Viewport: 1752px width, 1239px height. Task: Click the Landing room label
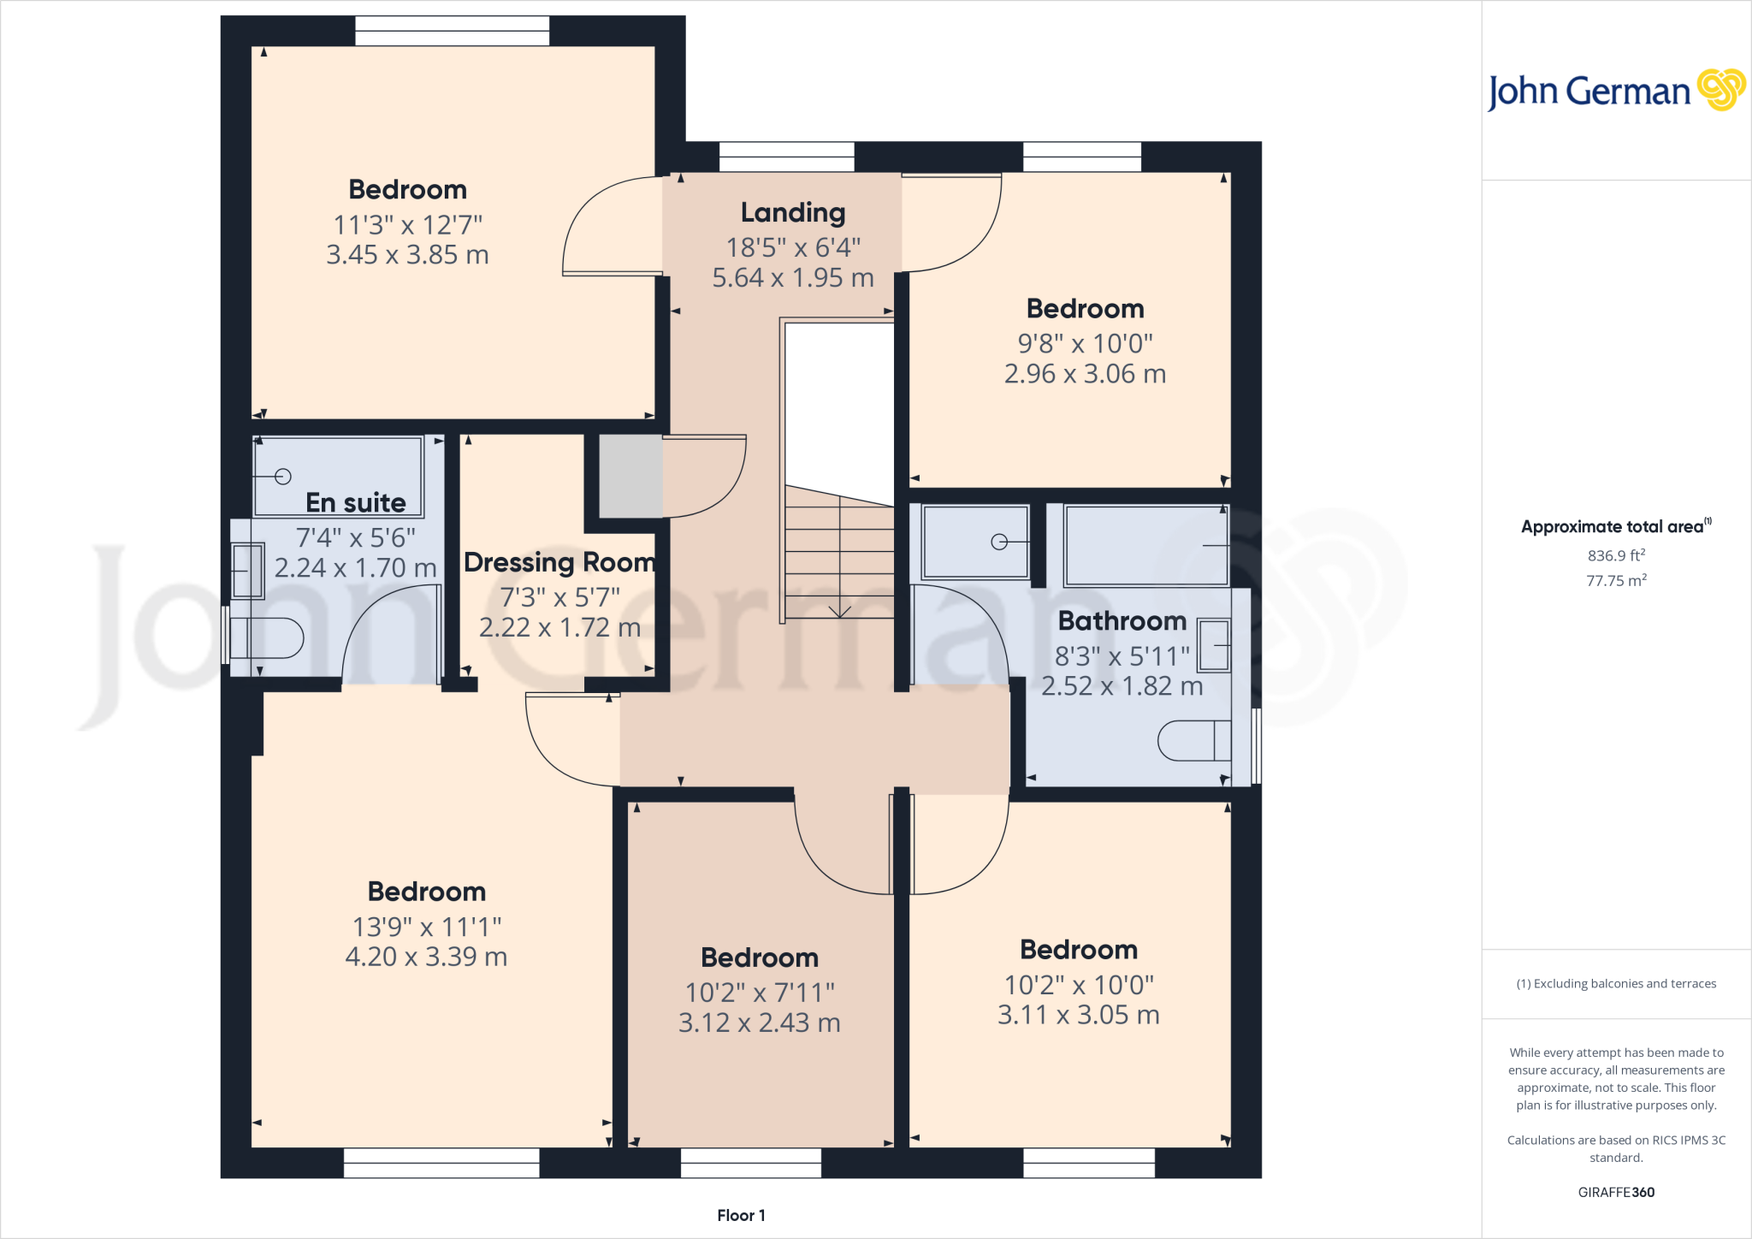[793, 212]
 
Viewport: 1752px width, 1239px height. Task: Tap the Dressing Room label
[559, 562]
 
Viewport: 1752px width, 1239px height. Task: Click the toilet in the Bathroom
[1194, 741]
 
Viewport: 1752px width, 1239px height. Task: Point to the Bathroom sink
[1213, 645]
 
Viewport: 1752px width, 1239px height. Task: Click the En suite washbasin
[247, 571]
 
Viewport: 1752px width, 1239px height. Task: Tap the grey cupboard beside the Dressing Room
[630, 477]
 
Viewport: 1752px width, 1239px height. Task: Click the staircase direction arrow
[840, 609]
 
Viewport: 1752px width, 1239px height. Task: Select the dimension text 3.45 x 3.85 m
[407, 255]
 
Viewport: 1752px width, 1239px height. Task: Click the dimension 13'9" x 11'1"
[427, 927]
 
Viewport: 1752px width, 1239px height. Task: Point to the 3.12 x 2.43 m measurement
[759, 1023]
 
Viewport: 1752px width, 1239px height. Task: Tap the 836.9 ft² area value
[1616, 555]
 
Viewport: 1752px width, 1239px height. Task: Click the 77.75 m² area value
[1616, 580]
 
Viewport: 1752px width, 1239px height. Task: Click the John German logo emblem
[1720, 90]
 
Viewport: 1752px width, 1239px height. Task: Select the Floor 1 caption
[741, 1215]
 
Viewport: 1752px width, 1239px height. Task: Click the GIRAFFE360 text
[1616, 1192]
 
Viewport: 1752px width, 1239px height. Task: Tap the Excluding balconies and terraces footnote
[1616, 983]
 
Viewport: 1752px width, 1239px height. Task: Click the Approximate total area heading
[1614, 526]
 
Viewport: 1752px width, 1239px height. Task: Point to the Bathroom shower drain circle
[998, 542]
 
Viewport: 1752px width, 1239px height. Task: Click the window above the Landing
[786, 157]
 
